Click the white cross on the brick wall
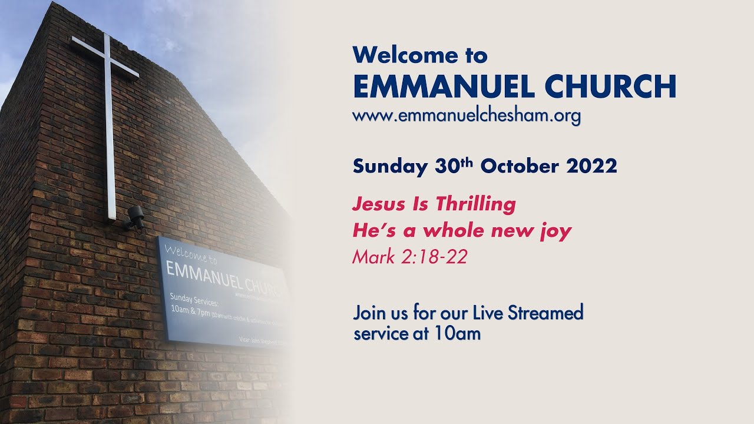click(108, 118)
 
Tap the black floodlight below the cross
click(135, 217)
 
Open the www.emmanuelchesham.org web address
click(467, 116)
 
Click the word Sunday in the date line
click(389, 166)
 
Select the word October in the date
click(519, 166)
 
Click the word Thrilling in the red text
click(475, 204)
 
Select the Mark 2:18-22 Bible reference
click(409, 257)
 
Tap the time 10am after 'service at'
click(458, 334)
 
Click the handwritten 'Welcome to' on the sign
click(191, 254)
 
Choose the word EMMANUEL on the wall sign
click(206, 273)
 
